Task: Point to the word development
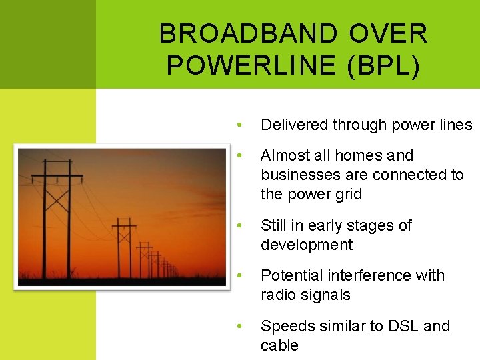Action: (307, 245)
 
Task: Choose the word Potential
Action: (290, 275)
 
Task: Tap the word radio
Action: (279, 295)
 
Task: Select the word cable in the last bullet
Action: (279, 345)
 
